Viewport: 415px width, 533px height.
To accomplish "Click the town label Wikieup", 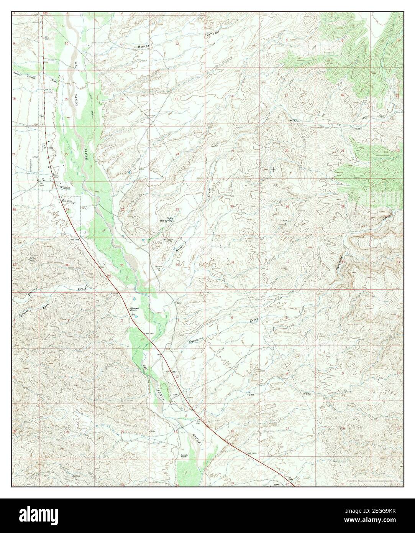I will (x=64, y=187).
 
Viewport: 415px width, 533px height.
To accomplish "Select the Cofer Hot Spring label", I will (x=167, y=220).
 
